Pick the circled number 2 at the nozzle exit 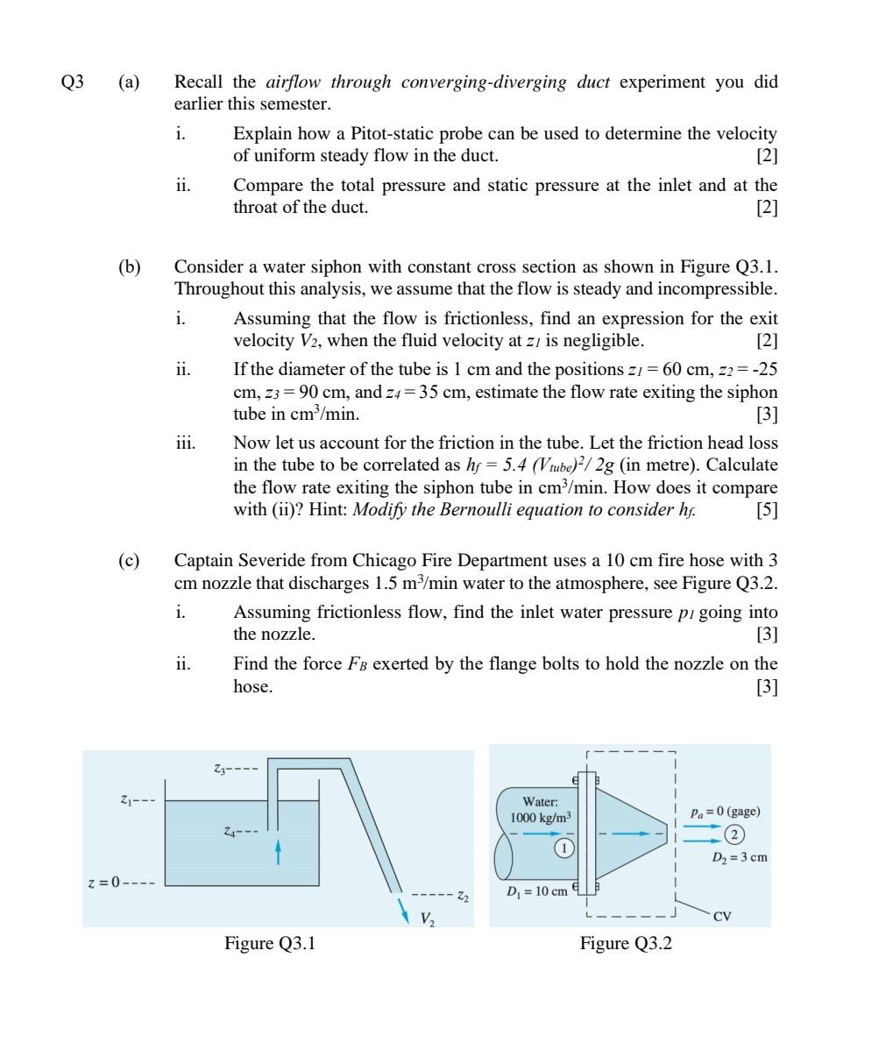[x=734, y=833]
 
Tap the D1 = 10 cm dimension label [x=536, y=892]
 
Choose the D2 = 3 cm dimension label [x=739, y=857]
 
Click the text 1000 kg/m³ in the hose [x=540, y=818]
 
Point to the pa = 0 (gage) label [x=725, y=812]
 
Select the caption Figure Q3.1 [x=269, y=943]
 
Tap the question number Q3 [x=72, y=82]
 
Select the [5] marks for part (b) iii [x=767, y=510]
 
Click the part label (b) [x=129, y=267]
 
